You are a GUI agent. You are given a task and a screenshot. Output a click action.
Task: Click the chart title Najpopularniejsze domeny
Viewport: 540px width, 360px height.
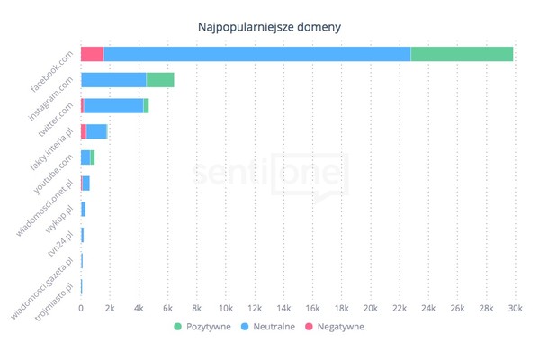click(269, 26)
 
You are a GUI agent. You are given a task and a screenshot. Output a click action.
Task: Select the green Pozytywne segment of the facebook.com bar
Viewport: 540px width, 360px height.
click(462, 54)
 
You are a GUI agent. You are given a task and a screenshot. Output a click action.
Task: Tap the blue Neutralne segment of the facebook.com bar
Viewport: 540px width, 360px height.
click(256, 54)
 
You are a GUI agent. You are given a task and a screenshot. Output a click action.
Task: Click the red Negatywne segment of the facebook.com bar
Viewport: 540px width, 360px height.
click(92, 54)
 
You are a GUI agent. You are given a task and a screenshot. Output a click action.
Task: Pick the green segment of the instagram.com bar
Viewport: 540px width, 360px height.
click(160, 80)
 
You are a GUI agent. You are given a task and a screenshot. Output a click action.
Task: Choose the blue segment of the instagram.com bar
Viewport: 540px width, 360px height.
click(113, 80)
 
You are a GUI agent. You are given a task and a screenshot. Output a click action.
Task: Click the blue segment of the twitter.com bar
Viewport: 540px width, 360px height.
click(113, 106)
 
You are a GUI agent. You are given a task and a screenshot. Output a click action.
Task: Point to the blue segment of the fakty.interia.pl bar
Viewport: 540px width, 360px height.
click(96, 131)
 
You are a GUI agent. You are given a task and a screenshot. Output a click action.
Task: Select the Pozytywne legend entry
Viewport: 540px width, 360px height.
click(203, 327)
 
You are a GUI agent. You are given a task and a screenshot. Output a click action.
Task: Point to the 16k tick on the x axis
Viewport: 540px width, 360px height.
click(312, 309)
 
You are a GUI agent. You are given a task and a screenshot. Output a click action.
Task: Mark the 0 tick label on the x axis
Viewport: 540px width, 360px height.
click(81, 309)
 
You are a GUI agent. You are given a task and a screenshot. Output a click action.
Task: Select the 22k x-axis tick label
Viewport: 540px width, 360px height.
click(399, 309)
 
